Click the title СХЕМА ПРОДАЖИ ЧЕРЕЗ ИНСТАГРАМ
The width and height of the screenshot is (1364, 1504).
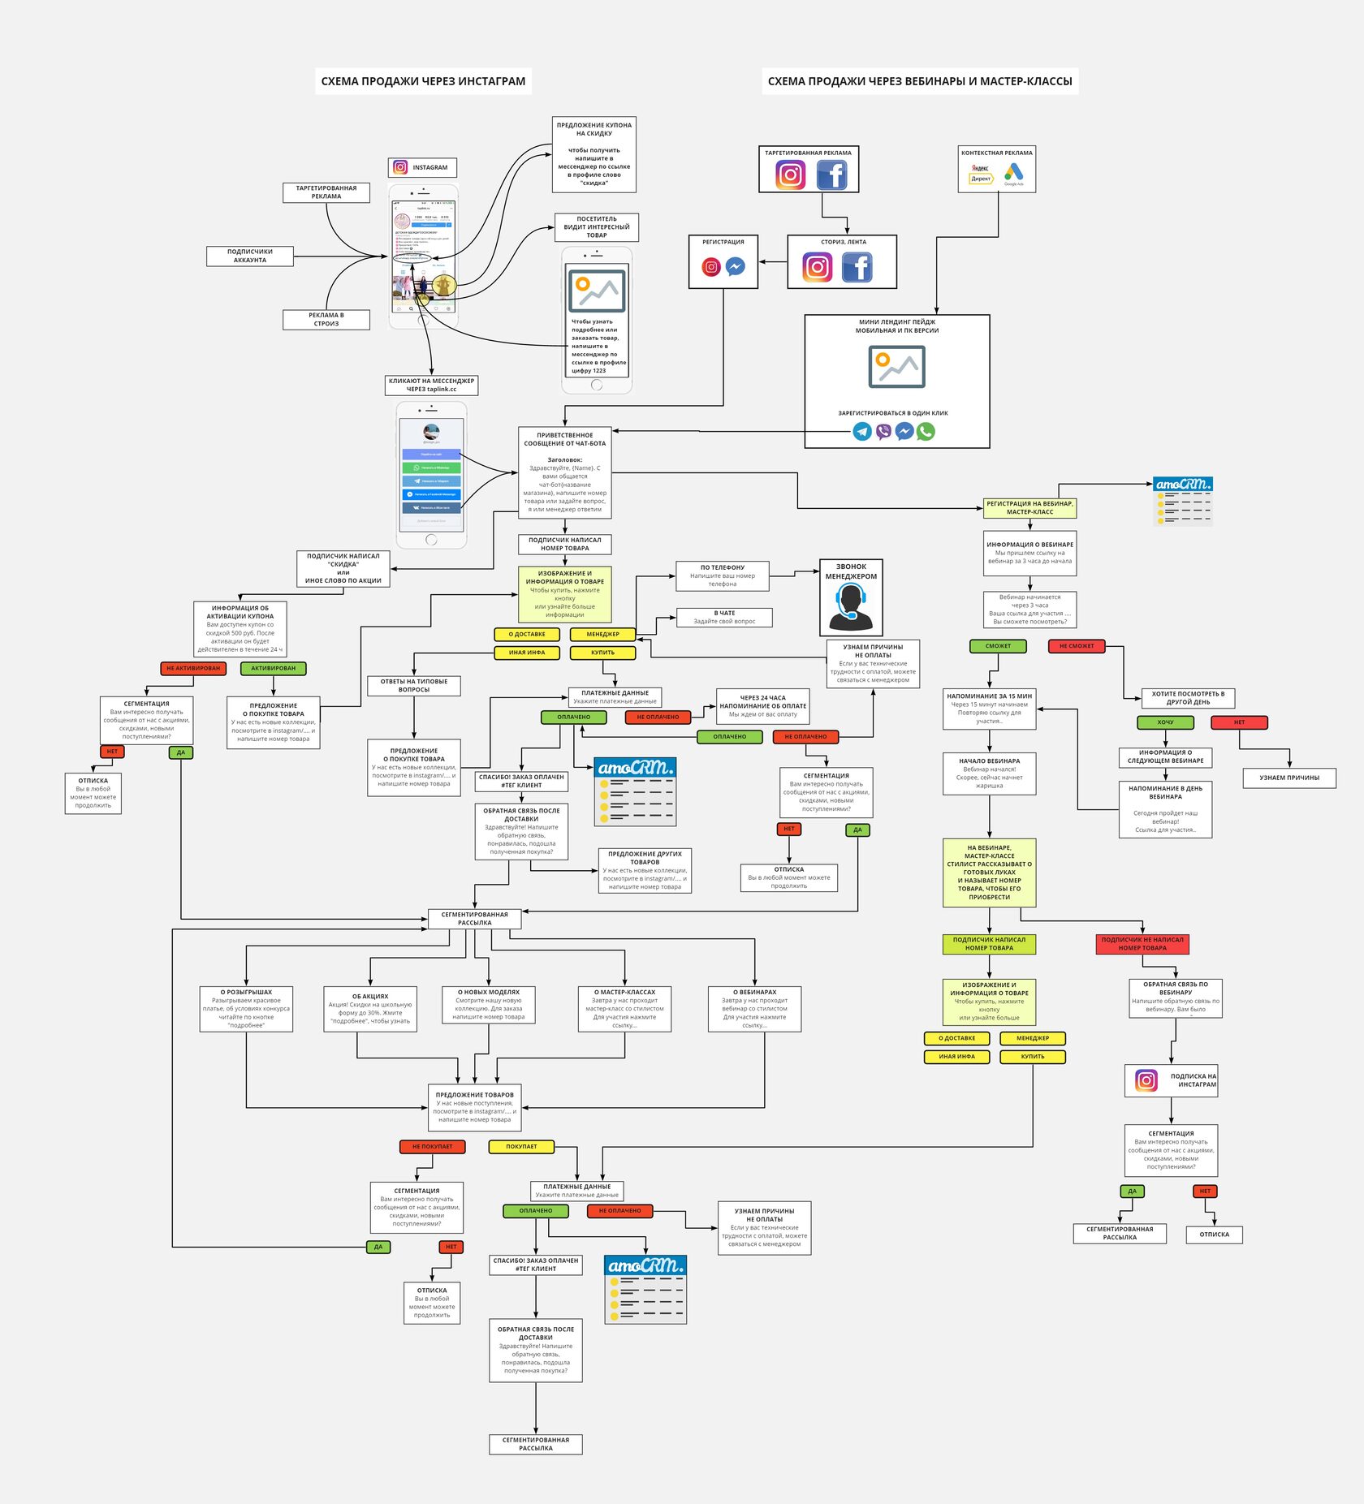coord(423,81)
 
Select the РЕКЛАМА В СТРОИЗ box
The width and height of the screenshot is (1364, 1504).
coord(326,320)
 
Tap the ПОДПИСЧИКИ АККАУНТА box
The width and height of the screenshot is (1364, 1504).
coord(249,256)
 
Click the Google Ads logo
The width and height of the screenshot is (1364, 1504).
coord(1013,173)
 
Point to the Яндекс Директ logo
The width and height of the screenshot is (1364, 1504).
coord(981,174)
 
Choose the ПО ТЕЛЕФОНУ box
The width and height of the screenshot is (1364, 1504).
coord(722,575)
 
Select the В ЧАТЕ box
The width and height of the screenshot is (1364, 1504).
coord(724,618)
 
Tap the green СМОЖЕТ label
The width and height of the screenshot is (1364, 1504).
coord(998,646)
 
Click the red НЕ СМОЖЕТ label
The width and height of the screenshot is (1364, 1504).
coord(1076,646)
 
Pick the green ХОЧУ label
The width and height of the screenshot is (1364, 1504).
coord(1165,722)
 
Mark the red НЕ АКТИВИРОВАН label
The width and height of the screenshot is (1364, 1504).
coord(193,669)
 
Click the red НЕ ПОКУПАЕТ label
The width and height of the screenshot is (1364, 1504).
coord(432,1147)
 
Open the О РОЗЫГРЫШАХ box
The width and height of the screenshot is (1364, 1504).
coord(246,1009)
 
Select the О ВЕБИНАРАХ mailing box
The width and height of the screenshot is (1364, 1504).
coord(754,1009)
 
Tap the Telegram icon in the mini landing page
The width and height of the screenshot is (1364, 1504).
coord(862,432)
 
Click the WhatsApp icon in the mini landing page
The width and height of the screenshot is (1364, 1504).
coord(926,432)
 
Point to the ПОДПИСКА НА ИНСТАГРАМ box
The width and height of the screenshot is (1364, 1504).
coord(1171,1080)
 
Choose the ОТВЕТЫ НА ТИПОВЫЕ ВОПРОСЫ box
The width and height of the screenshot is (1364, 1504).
coord(414,686)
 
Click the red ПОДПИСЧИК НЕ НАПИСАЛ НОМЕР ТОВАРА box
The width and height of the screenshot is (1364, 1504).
coord(1142,944)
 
